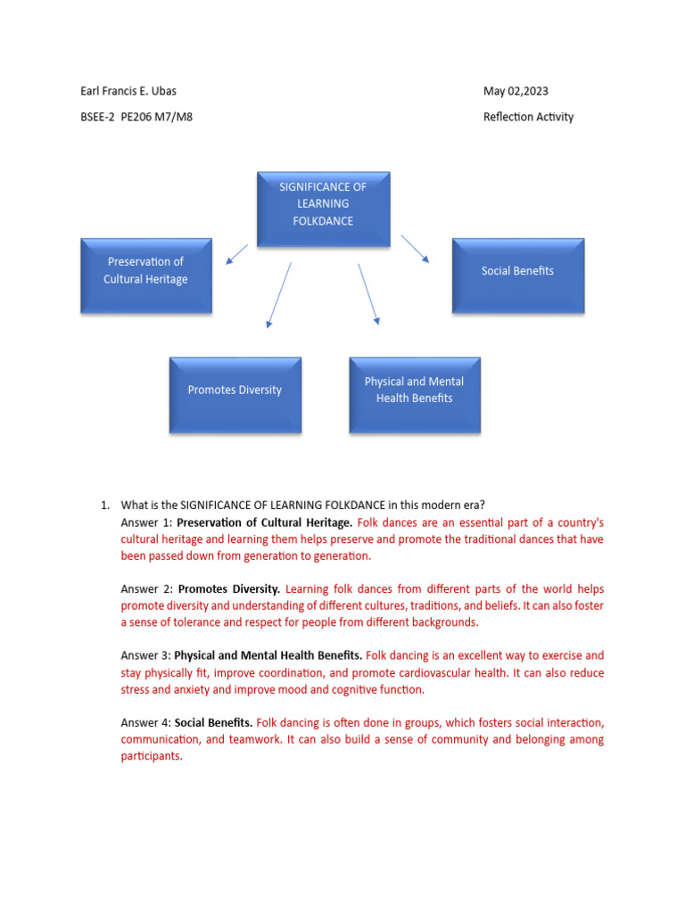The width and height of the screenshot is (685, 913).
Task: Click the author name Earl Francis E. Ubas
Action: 134,91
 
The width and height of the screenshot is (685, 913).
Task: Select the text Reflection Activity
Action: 528,117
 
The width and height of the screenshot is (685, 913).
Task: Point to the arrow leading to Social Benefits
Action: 415,249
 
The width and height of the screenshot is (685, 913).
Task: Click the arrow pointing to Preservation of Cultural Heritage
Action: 237,254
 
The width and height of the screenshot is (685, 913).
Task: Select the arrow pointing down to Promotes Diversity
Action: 279,294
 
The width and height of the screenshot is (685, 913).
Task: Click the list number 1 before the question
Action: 104,506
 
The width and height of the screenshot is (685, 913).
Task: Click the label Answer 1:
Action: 146,522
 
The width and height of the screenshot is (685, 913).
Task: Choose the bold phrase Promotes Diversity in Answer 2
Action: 229,589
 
